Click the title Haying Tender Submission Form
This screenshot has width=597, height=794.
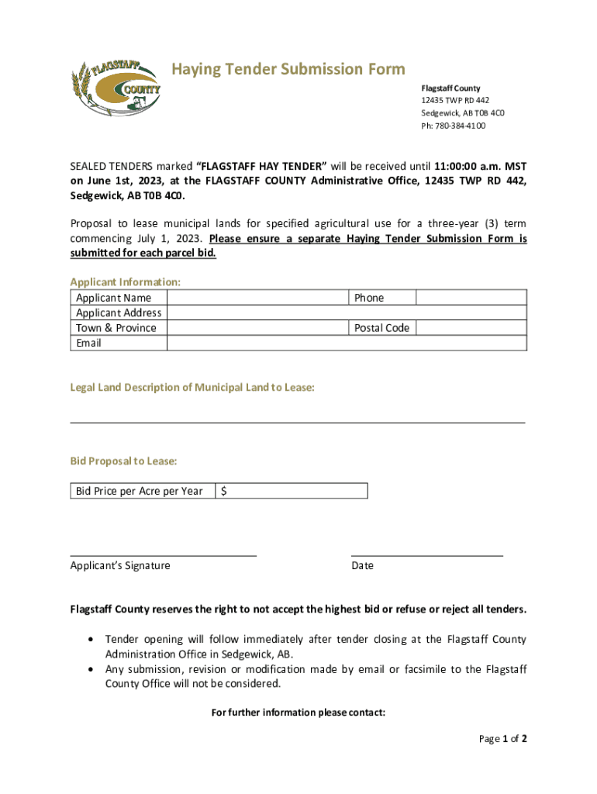[288, 70]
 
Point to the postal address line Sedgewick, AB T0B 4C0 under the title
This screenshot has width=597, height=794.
[462, 113]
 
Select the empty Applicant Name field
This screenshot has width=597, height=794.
[257, 298]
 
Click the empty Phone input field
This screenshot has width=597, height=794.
[471, 298]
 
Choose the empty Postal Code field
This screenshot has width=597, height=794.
[471, 328]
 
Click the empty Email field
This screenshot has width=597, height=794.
[347, 343]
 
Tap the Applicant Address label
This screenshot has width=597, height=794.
[119, 313]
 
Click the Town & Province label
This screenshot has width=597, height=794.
[116, 328]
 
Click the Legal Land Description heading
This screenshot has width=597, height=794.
[192, 388]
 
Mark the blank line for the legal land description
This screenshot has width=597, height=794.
[298, 422]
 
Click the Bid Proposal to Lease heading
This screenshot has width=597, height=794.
[123, 461]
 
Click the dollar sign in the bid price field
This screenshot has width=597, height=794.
[224, 491]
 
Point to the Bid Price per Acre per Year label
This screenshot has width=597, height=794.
[140, 491]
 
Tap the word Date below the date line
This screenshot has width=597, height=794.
[362, 566]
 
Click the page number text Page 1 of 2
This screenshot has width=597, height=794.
[502, 739]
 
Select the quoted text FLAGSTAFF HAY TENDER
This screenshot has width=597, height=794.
[261, 166]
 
